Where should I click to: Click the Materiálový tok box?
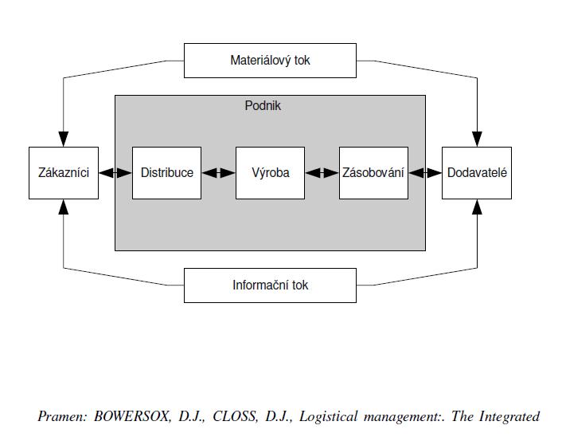coord(270,61)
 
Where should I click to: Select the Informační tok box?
coord(270,285)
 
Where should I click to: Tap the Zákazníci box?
coord(64,173)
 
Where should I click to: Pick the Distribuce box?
coord(166,173)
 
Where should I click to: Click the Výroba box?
coord(270,173)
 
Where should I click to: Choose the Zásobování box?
coord(373,173)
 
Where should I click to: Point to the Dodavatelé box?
coord(477,173)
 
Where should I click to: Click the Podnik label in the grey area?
coord(263,105)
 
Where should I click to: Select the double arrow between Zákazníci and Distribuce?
coord(115,173)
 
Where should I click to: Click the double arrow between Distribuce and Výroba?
coord(218,173)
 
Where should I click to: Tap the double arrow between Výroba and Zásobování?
coord(322,173)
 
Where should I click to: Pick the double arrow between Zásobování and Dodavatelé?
coord(425,173)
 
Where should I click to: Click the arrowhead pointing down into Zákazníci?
coord(64,139)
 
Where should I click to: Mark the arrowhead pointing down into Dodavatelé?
coord(477,139)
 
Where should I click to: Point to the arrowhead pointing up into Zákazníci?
coord(64,207)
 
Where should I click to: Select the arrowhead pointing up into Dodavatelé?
coord(477,207)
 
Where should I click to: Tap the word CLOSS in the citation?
coord(235,416)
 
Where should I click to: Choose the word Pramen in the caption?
coord(62,416)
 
